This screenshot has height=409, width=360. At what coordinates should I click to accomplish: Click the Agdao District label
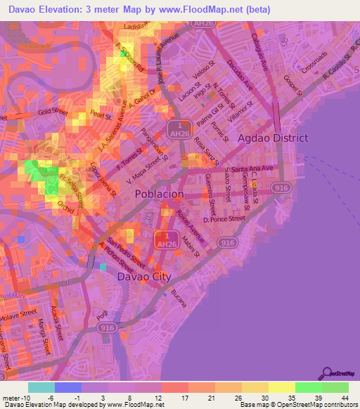[274, 138]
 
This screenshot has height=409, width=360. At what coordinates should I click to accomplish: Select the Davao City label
[143, 276]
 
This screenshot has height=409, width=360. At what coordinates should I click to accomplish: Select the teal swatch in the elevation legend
[41, 387]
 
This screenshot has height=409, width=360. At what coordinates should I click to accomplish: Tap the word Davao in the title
[25, 8]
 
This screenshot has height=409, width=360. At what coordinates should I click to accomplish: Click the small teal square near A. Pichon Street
[103, 266]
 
